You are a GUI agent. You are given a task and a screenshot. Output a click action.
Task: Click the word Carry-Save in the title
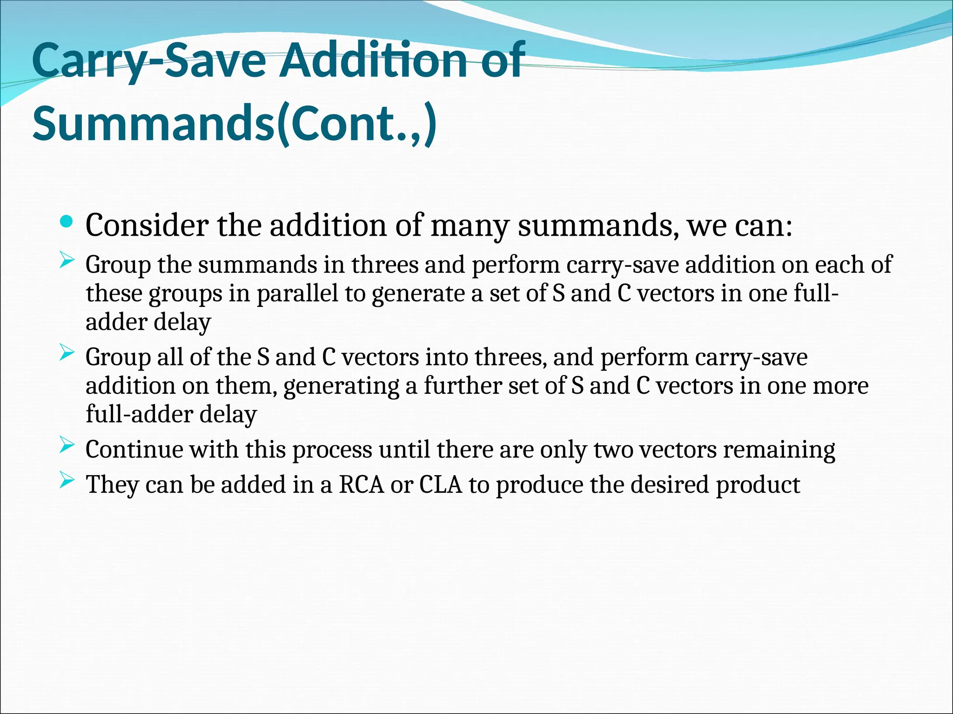(149, 61)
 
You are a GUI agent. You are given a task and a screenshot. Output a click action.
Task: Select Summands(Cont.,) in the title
(235, 124)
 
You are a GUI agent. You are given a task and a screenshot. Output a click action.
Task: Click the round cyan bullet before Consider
(67, 222)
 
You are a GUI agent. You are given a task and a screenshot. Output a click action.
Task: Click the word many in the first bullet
(470, 226)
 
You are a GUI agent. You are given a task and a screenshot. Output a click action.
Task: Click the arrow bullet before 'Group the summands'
(67, 261)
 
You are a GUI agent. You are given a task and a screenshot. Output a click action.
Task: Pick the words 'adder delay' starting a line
(148, 322)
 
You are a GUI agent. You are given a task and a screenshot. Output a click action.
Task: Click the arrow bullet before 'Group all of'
(67, 354)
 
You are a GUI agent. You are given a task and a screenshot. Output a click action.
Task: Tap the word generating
(341, 386)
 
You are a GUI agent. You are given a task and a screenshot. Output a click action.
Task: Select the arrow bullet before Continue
(67, 446)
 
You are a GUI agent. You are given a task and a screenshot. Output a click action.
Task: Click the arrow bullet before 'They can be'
(67, 481)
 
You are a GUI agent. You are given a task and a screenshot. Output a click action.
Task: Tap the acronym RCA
(362, 485)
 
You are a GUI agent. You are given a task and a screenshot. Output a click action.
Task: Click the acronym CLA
(441, 485)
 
